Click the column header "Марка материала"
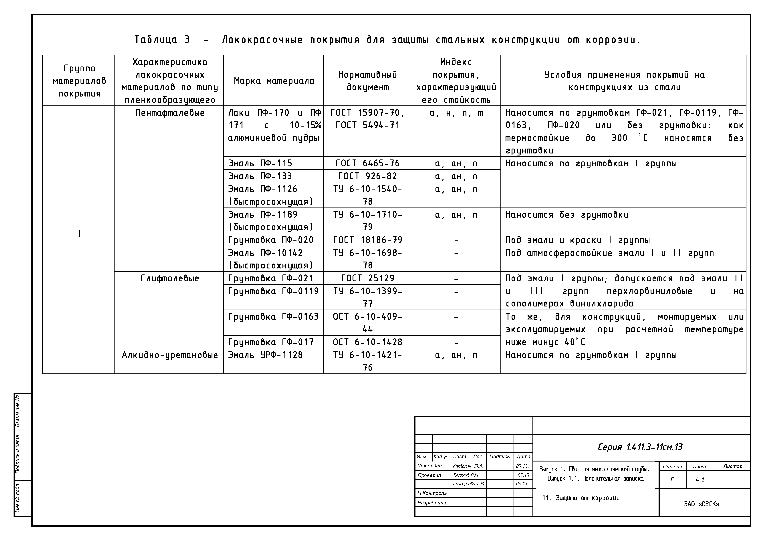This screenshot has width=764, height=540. tap(274, 81)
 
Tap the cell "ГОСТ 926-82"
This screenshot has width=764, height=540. tap(367, 176)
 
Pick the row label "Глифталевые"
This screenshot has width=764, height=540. tap(170, 278)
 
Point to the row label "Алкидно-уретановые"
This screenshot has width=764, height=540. tap(170, 355)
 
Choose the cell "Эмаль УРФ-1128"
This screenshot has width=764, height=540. tap(265, 355)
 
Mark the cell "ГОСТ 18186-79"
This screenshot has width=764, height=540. tap(367, 240)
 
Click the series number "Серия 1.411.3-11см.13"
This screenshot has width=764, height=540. tap(640, 447)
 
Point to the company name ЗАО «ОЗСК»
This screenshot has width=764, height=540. tap(702, 504)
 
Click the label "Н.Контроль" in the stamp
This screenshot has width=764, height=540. tap(432, 493)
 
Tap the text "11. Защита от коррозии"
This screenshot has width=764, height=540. tap(581, 498)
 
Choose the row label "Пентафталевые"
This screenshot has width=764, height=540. tap(170, 113)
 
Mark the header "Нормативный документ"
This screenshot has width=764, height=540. tap(367, 81)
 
